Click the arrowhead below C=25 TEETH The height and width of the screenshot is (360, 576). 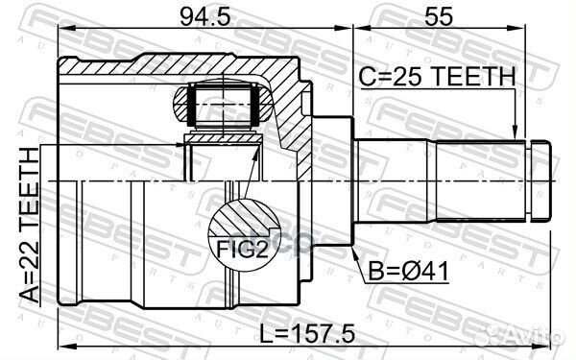[x=517, y=134]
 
